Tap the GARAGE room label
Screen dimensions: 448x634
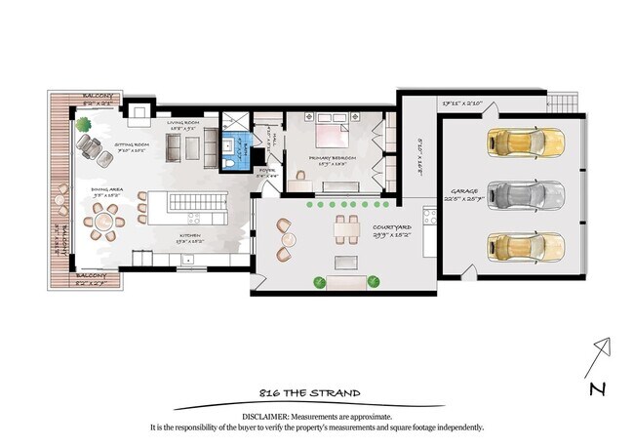(463, 191)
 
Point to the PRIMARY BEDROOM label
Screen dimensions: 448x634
(332, 157)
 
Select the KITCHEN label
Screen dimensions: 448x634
(189, 237)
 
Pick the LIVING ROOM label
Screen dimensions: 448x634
(182, 124)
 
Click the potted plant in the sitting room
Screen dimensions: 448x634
(84, 125)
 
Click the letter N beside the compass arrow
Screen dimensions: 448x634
(597, 389)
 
